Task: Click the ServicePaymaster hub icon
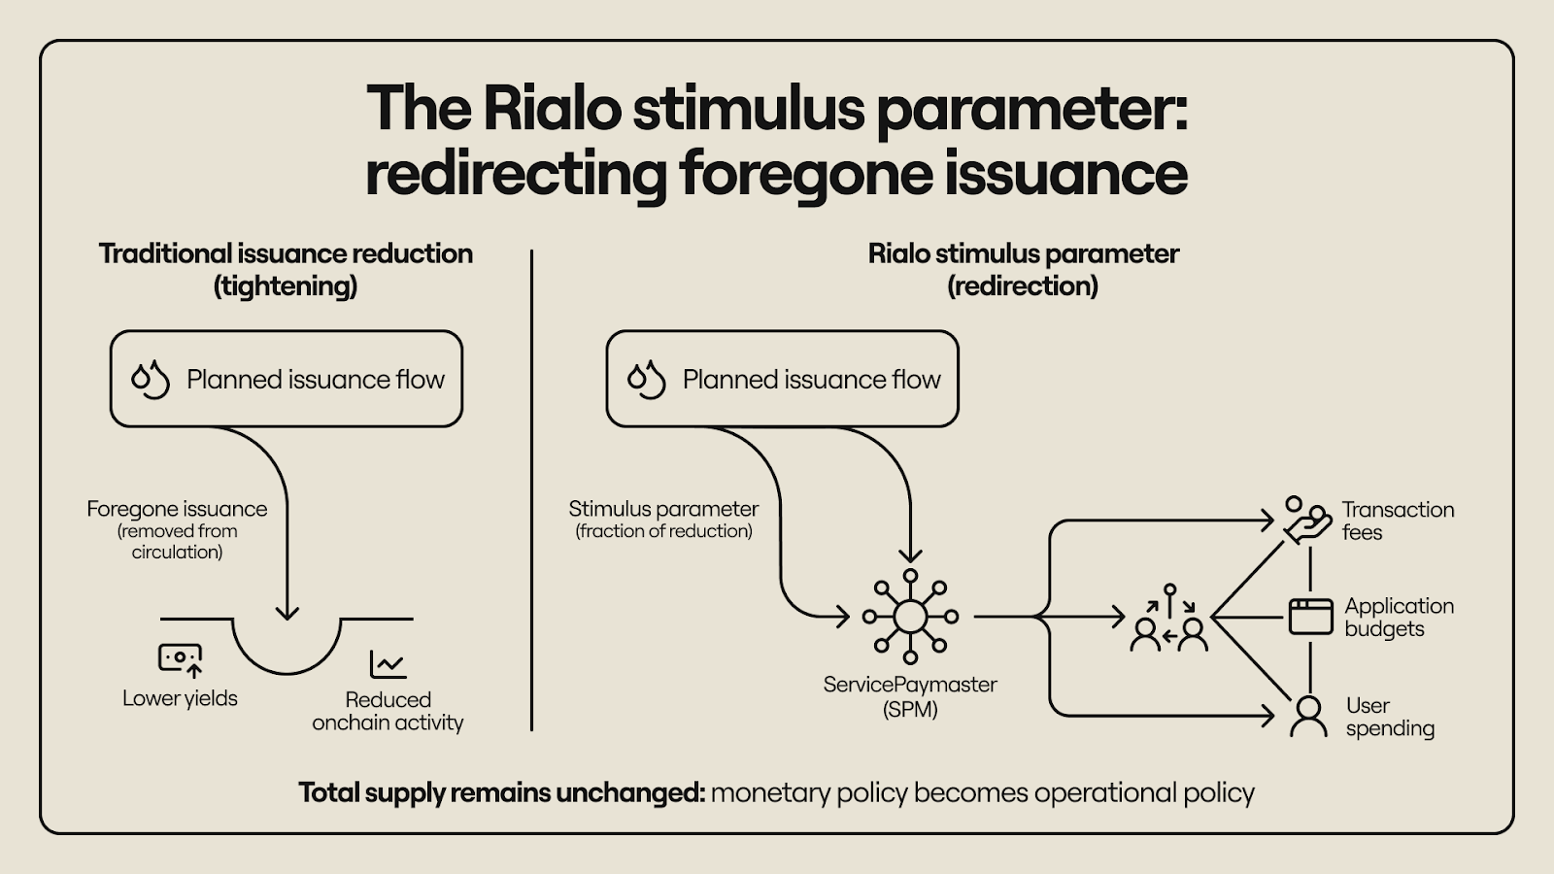click(910, 617)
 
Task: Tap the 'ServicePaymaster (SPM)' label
click(910, 696)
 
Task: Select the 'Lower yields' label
click(180, 698)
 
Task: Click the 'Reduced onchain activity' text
click(388, 711)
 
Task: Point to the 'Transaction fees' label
click(1397, 521)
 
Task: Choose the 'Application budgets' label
click(1399, 617)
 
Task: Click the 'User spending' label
click(1389, 717)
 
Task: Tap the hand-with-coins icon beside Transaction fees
click(1306, 521)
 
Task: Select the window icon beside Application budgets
click(1310, 617)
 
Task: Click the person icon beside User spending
click(1308, 717)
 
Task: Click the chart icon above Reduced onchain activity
click(388, 664)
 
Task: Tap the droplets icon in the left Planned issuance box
click(151, 379)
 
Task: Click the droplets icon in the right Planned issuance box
click(647, 379)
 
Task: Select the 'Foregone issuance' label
click(177, 509)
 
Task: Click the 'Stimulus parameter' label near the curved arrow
click(663, 509)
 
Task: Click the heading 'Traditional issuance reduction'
click(286, 253)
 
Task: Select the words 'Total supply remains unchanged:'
click(501, 792)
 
